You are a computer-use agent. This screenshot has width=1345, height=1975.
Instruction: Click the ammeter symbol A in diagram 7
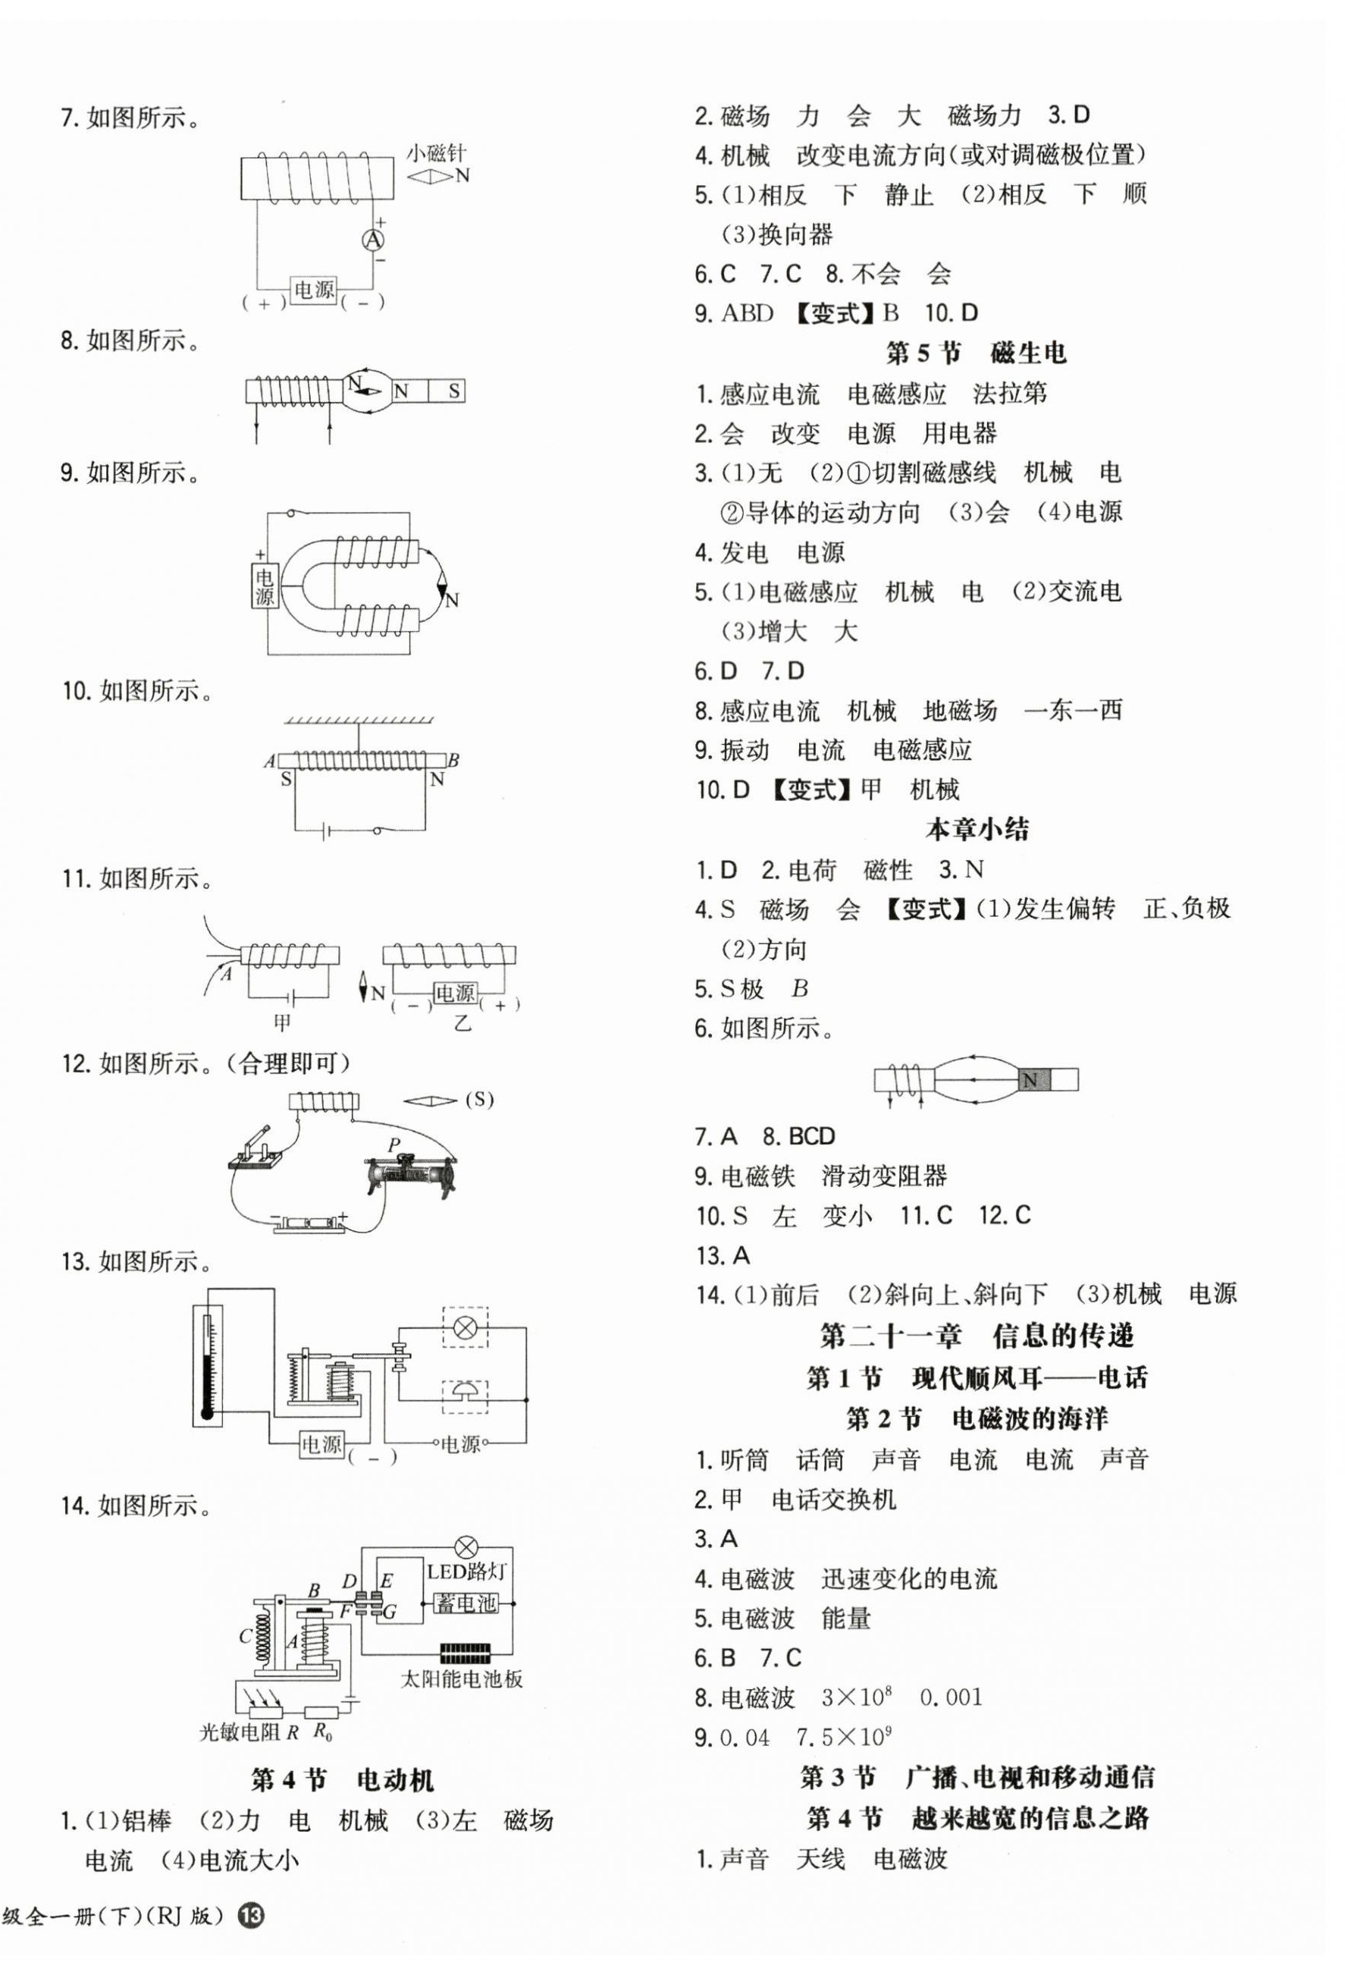coord(373,241)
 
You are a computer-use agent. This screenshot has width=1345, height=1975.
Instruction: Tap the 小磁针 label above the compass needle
coord(436,154)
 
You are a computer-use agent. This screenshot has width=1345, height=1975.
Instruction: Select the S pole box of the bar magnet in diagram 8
coord(453,391)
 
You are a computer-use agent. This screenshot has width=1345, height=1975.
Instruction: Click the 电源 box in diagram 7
coord(314,290)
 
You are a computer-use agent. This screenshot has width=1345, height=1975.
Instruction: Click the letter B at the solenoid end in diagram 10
coord(453,760)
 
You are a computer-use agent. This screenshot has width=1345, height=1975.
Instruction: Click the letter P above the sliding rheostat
coord(394,1144)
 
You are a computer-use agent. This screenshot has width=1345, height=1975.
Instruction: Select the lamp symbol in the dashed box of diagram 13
coord(465,1327)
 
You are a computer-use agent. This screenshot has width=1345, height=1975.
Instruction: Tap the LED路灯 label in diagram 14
coord(466,1572)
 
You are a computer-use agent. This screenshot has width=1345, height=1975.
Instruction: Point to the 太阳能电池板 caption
coord(462,1678)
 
